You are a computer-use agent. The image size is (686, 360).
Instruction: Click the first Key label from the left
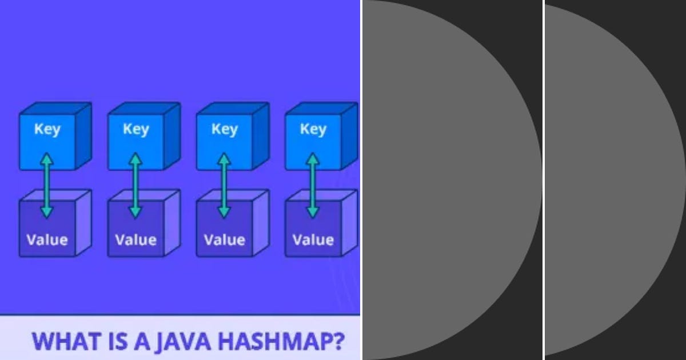[47, 129]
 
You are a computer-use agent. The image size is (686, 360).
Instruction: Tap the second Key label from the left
[135, 129]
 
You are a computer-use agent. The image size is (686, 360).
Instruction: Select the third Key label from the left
[224, 129]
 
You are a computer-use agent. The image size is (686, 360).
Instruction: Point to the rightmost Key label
[313, 129]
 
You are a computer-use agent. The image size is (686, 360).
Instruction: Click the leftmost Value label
[47, 239]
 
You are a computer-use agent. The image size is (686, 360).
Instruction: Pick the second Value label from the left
[135, 239]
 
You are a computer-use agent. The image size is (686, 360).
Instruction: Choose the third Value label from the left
[224, 239]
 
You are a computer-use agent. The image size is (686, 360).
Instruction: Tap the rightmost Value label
[313, 239]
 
